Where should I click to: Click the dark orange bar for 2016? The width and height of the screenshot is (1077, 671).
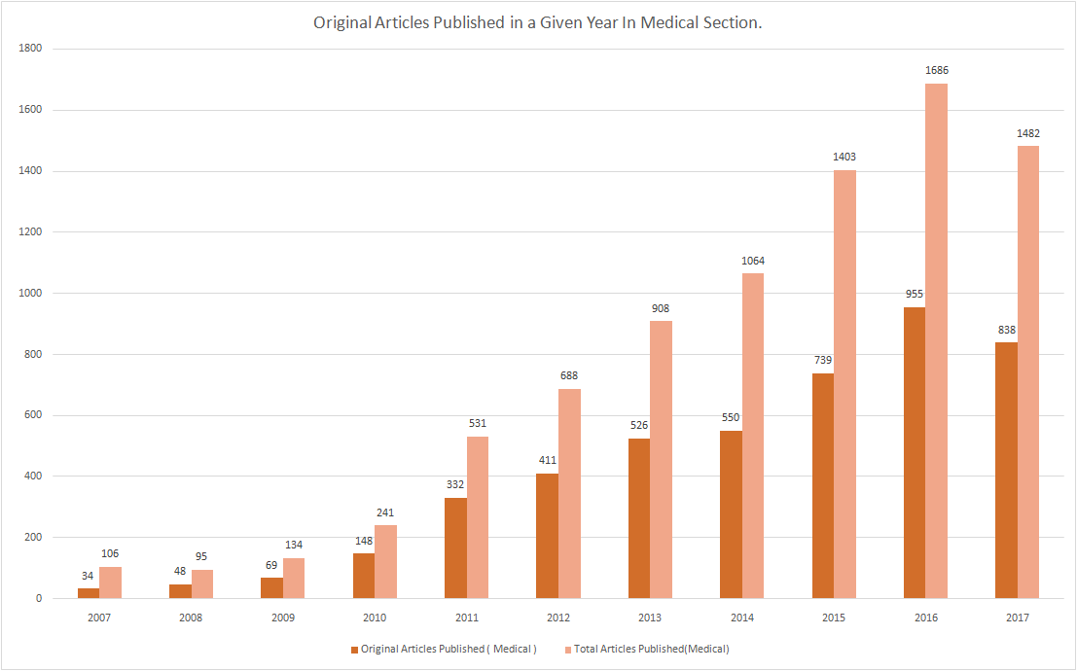coord(914,452)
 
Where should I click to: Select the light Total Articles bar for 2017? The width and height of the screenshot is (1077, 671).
coord(1027,371)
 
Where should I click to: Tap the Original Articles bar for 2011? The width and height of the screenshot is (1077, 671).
coord(455,547)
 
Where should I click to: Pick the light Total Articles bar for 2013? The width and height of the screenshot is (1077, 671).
coord(661,459)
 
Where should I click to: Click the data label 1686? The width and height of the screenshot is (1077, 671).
coord(936,70)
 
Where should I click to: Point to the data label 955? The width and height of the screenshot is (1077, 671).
coord(914,294)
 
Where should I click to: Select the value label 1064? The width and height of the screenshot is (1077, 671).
coord(752,261)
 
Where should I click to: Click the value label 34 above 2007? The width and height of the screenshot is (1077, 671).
coord(88,576)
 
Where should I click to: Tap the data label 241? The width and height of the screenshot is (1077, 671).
coord(385,512)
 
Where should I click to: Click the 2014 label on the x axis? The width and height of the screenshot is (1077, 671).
coord(741,618)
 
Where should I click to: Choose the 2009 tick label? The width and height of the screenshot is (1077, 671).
coord(282,618)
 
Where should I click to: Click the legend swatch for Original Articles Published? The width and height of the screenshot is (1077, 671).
coord(355,649)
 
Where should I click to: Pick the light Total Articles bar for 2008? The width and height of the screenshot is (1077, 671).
coord(202,583)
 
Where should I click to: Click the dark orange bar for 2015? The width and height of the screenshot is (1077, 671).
coord(822,485)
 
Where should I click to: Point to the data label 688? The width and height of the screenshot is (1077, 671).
coord(569,375)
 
